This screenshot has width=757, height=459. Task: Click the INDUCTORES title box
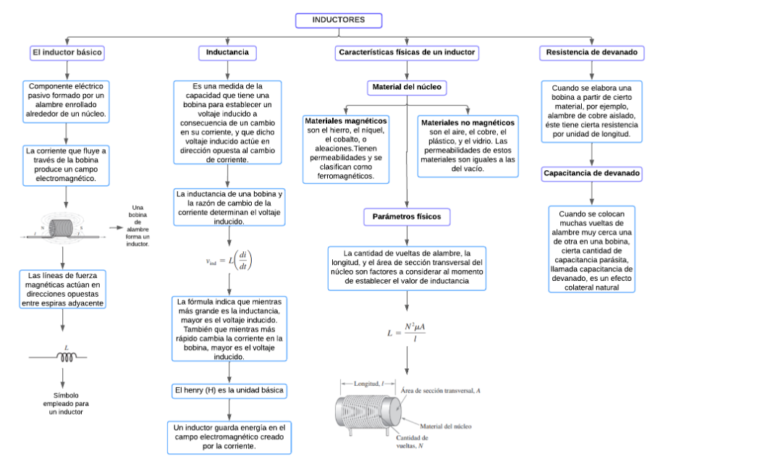pos(338,20)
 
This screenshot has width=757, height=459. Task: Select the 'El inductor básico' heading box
pos(67,53)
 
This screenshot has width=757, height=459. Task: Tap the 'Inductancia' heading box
pos(227,53)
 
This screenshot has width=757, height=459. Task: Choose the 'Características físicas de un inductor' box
pos(407,53)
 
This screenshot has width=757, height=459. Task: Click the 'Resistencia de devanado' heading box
pos(592,53)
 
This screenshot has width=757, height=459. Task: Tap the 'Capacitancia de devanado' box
pos(592,174)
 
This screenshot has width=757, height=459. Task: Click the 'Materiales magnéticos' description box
pos(346,148)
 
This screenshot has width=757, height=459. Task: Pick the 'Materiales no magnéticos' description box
pos(468,146)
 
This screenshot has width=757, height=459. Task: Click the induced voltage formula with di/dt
pos(228,261)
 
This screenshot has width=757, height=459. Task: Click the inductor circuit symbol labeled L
pos(67,355)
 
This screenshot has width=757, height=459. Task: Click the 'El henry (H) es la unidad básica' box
pos(229,391)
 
